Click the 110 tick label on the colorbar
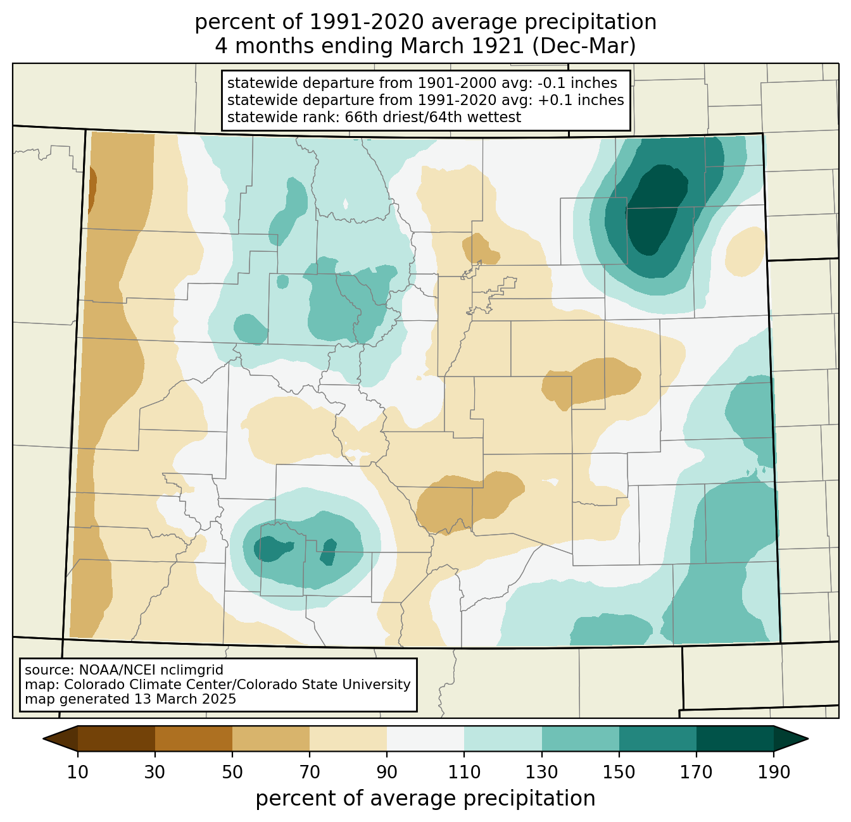coord(464,773)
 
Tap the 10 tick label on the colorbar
coord(78,773)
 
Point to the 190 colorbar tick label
coord(774,773)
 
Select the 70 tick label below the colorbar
coord(310,773)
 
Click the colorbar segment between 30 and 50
coord(194,738)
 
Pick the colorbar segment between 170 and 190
coord(735,738)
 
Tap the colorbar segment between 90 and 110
coord(425,738)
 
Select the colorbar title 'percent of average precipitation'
coord(425,799)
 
